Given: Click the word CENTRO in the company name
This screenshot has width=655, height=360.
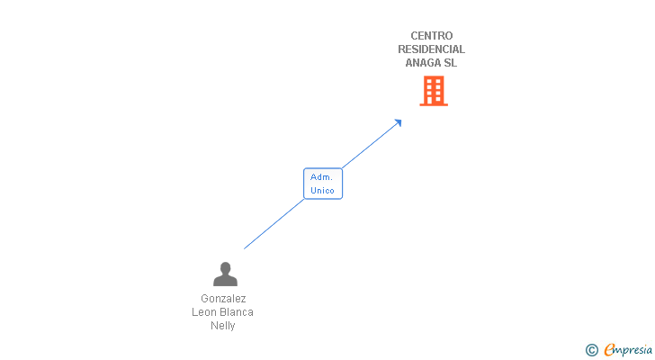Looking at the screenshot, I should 432,36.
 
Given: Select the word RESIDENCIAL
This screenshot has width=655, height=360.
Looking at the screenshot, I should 432,49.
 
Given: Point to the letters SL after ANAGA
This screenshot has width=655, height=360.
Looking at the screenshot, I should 451,63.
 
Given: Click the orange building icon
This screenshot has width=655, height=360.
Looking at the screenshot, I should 434,91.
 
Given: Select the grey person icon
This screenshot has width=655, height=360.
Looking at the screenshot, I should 225,274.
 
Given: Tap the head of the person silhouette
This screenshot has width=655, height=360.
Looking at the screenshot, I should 225,268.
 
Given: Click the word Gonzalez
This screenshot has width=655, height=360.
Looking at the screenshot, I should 223,299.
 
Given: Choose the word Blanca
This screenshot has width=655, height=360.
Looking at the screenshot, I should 237,312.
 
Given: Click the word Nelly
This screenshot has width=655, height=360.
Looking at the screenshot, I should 223,326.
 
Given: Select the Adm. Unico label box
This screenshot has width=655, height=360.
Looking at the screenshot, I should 323,184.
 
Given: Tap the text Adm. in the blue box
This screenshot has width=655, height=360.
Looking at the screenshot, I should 322,177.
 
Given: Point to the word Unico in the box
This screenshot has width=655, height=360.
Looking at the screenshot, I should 322,191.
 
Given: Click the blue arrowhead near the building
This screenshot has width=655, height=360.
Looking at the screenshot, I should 398,122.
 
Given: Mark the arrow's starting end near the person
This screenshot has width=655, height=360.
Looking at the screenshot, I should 246,247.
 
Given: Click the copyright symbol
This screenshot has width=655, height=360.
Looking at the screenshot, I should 591,350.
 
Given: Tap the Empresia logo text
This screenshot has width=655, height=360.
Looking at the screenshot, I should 628,350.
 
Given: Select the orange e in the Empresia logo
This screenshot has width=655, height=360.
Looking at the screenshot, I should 609,350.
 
